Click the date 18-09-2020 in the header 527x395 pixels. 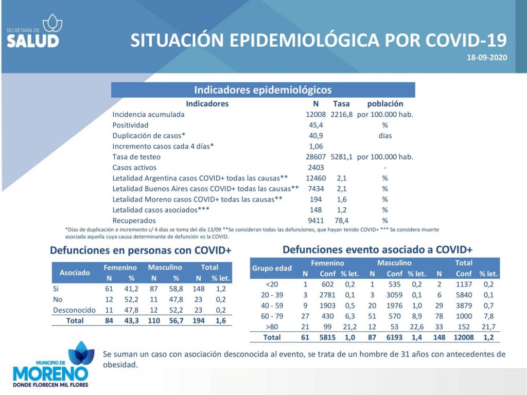point(487,58)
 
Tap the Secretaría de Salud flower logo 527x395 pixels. point(52,23)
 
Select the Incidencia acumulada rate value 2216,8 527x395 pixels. point(342,115)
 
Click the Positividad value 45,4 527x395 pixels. point(315,125)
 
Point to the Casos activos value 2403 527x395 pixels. point(315,168)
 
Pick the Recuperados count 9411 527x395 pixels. point(315,221)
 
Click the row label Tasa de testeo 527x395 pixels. point(136,157)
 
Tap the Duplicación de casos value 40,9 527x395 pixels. point(315,136)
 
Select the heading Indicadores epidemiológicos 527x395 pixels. point(263,90)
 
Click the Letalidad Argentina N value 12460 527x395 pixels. point(315,178)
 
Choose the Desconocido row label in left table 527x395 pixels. point(74,310)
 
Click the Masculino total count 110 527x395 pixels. point(154,321)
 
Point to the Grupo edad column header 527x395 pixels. point(272,268)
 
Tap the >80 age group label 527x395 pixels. point(272,327)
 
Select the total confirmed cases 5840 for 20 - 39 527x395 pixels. point(464,295)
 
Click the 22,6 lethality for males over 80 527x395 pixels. point(417,327)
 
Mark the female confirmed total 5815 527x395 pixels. point(327,337)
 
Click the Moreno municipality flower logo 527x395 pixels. point(81,353)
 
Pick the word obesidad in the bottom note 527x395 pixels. point(120,365)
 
